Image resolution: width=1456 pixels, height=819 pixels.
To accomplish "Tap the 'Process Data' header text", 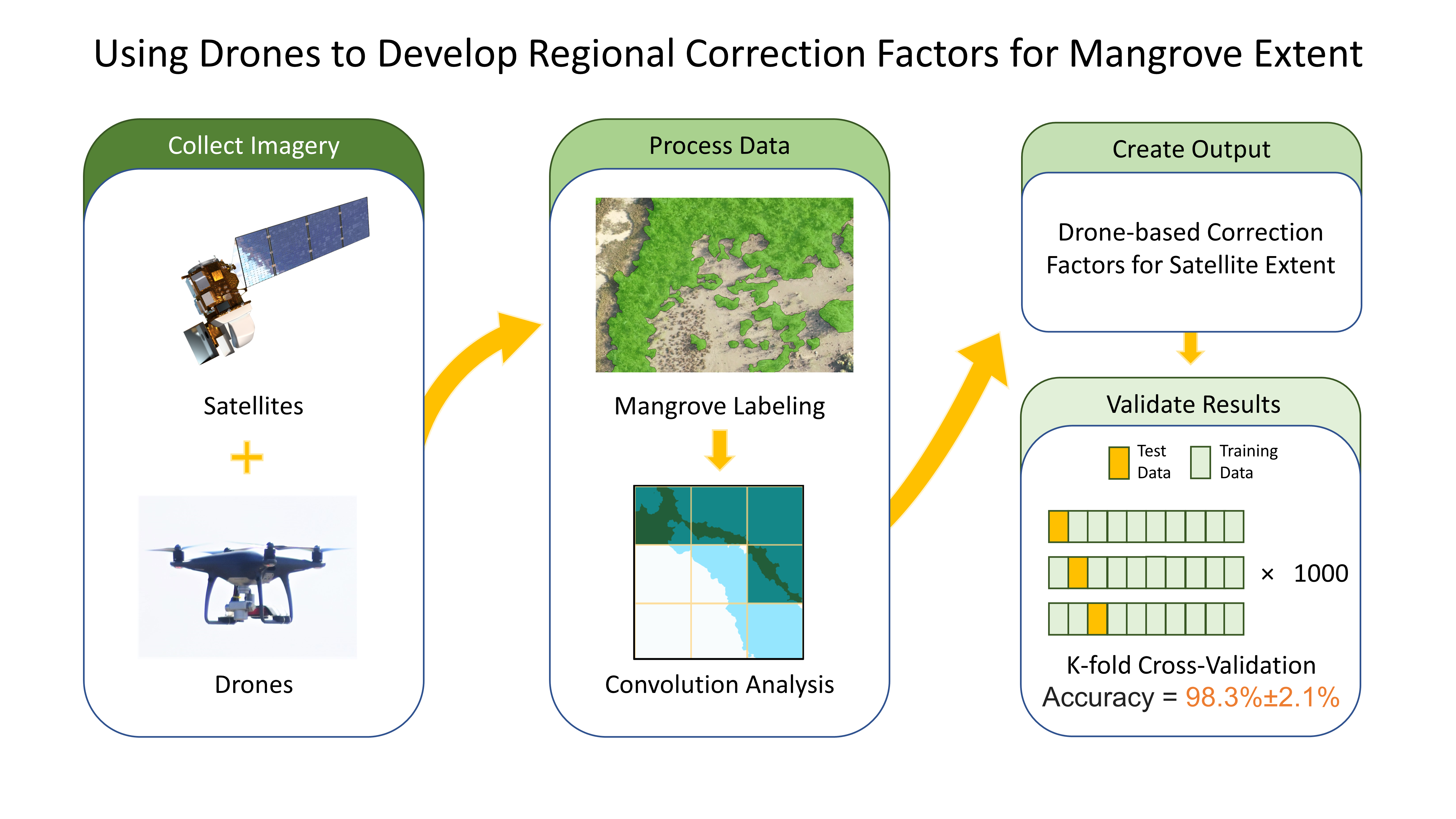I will coord(719,146).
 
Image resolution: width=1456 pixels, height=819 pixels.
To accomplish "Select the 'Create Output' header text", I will coord(1191,149).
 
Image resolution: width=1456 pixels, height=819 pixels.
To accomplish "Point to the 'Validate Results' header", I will coord(1193,405).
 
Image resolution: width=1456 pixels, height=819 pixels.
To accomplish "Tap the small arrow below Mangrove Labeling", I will coord(719,449).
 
